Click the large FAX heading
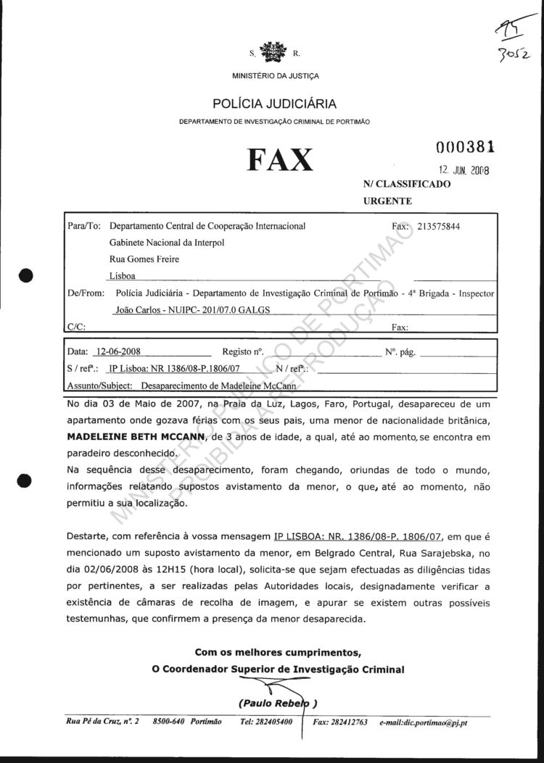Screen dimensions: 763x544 pos(280,160)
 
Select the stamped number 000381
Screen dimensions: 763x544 pos(466,148)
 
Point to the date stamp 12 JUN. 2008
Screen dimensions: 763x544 pos(464,171)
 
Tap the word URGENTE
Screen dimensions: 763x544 pos(387,201)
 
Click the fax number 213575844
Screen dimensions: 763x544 pos(439,226)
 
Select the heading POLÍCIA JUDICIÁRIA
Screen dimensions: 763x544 pos(274,104)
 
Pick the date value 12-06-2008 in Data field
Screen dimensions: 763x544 pos(118,352)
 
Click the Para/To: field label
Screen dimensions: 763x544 pos(83,226)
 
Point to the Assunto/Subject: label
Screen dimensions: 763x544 pos(98,386)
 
